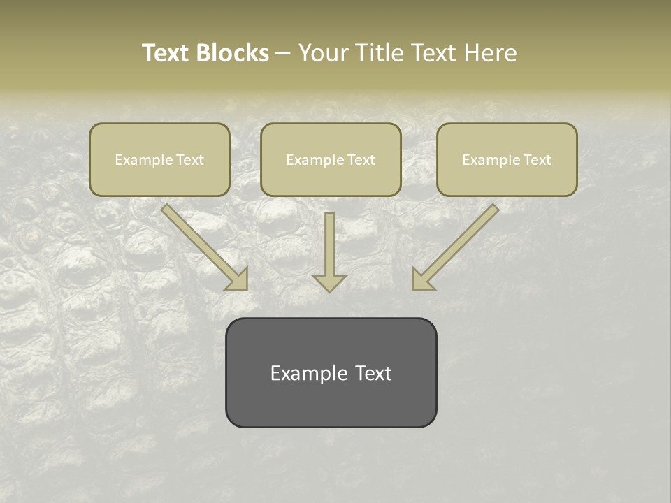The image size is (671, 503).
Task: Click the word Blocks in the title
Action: click(x=233, y=53)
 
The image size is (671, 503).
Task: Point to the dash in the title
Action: click(x=283, y=53)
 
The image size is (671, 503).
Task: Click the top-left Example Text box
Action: click(x=159, y=159)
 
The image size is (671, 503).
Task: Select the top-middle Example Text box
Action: click(x=331, y=159)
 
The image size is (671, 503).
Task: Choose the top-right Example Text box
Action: click(x=507, y=159)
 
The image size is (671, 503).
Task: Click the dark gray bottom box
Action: click(x=331, y=372)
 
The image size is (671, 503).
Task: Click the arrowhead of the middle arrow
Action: click(x=329, y=282)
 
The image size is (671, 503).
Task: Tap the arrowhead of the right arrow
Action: click(x=421, y=280)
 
